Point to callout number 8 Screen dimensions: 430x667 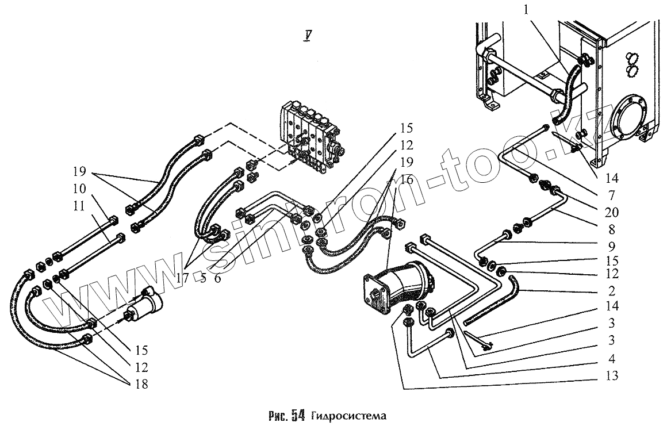coord(611,230)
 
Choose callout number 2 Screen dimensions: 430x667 coord(611,291)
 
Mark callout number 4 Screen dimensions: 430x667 coord(611,359)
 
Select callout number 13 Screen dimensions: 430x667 coord(611,377)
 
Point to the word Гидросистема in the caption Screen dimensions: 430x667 coord(347,416)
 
